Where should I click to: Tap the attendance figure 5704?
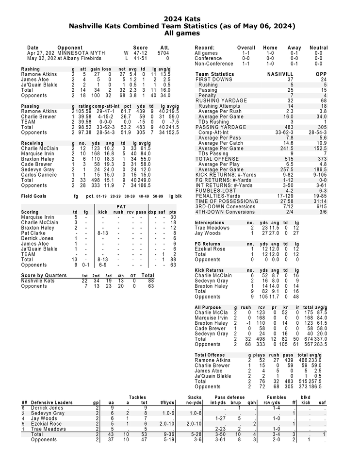point(163,53)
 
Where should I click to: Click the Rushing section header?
point(31,69)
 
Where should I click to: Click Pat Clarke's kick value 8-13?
point(102,233)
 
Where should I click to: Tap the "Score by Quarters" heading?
point(44,275)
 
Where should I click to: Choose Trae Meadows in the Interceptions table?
point(212,228)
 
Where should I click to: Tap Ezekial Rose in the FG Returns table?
point(210,249)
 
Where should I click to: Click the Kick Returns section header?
point(209,270)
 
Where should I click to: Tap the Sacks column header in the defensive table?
point(194,397)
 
